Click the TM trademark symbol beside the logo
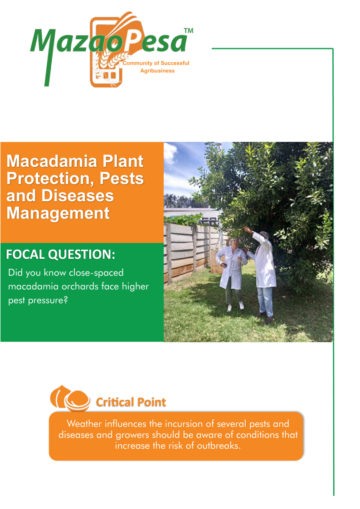[189, 31]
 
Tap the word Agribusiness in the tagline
[157, 71]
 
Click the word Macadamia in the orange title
[52, 161]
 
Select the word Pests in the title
[122, 178]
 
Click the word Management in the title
[58, 213]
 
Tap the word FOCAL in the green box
[26, 255]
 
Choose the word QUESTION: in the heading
[82, 255]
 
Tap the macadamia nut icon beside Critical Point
[70, 398]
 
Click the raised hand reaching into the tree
[247, 229]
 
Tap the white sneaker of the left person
[241, 305]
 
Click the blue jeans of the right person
[265, 301]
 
